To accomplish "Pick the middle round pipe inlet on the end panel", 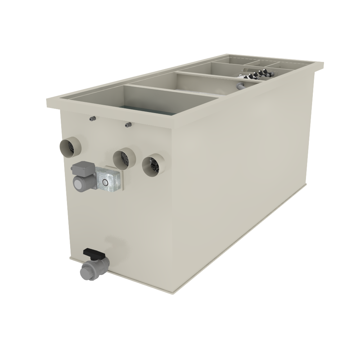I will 123,158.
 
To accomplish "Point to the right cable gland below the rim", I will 128,125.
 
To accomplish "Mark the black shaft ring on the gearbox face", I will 105,183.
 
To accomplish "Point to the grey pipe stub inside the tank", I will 240,86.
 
